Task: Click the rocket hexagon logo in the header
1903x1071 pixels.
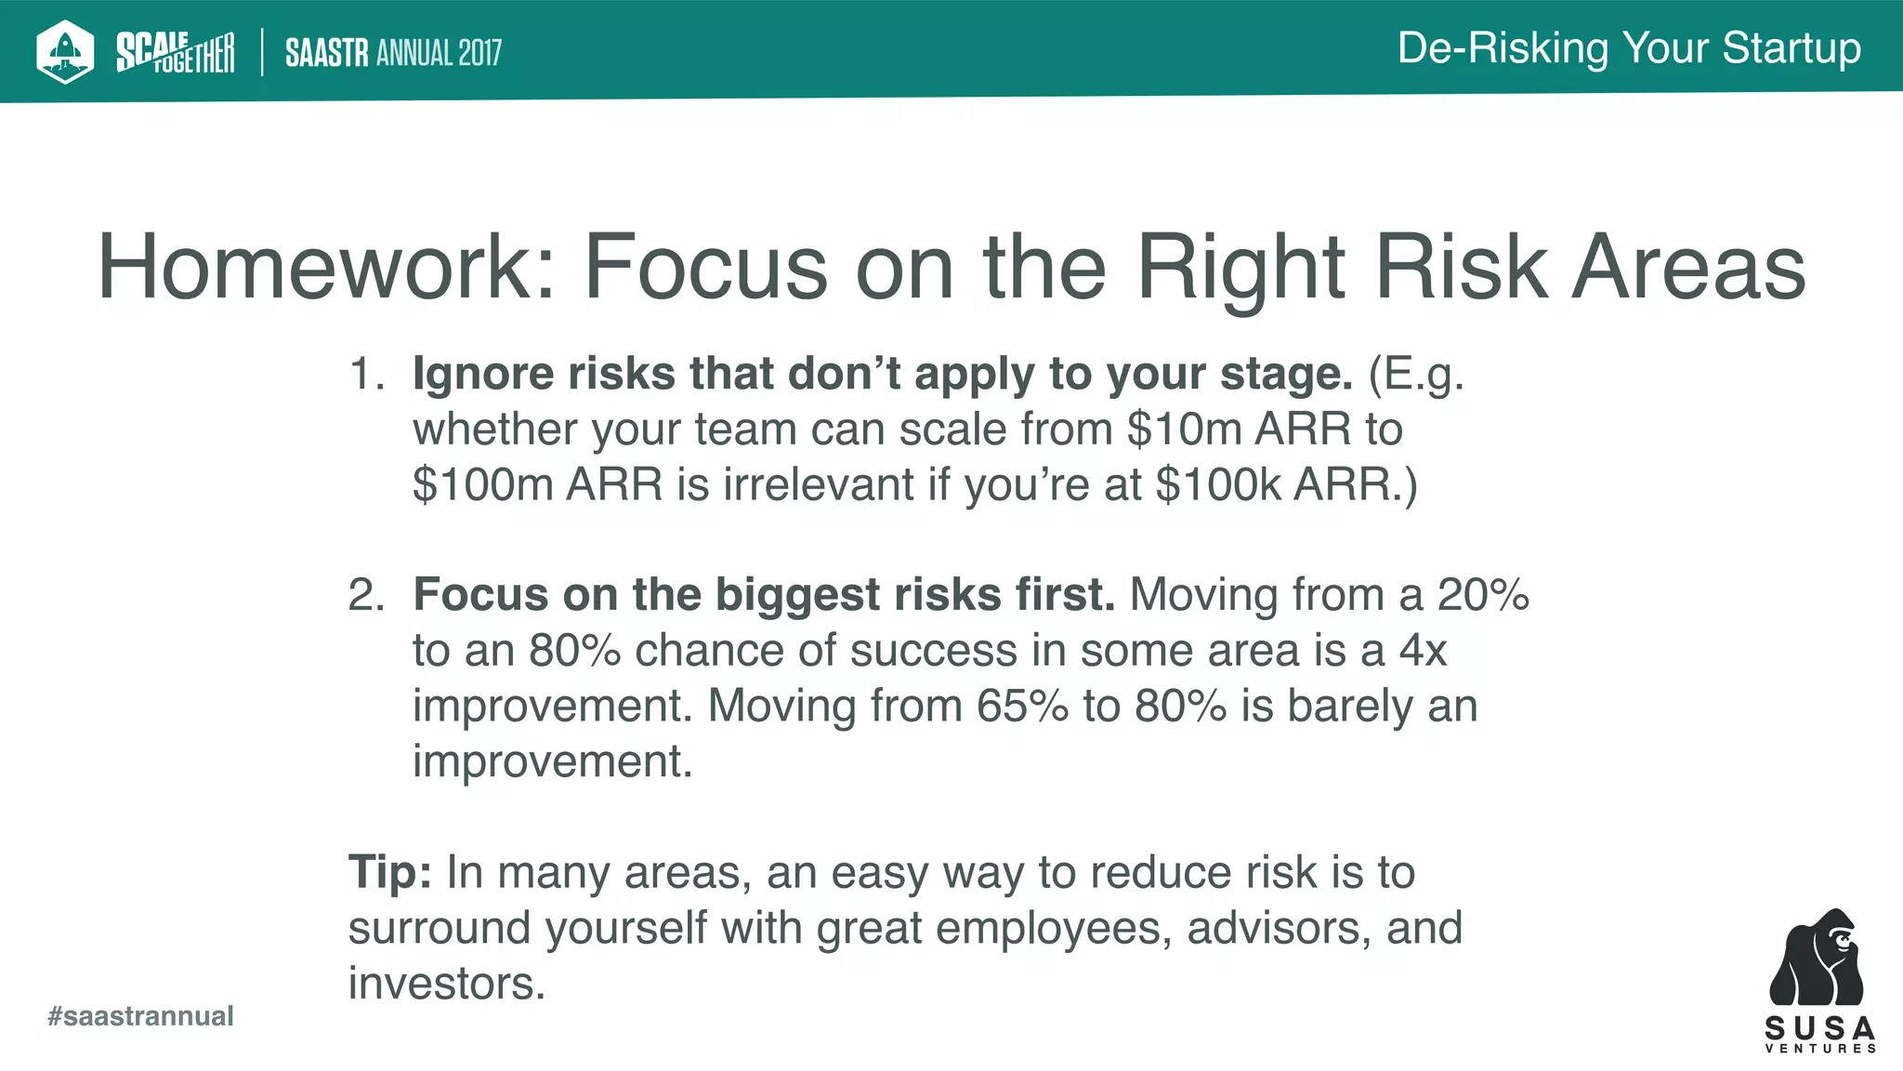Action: coord(65,51)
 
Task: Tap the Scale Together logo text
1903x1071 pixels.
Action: coord(175,52)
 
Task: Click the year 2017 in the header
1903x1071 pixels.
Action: coord(479,53)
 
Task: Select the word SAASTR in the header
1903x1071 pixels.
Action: coord(327,53)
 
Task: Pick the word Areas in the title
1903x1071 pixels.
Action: coord(1688,268)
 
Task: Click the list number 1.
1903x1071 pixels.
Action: coord(365,375)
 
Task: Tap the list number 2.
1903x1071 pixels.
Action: coord(365,595)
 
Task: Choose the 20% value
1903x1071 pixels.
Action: coord(1483,595)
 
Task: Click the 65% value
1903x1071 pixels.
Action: coord(1022,706)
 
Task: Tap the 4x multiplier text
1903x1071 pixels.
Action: coord(1423,651)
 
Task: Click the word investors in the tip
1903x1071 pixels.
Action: coord(446,984)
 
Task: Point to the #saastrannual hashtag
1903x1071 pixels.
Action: coord(140,1016)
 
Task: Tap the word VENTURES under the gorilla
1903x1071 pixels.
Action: coord(1820,1049)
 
